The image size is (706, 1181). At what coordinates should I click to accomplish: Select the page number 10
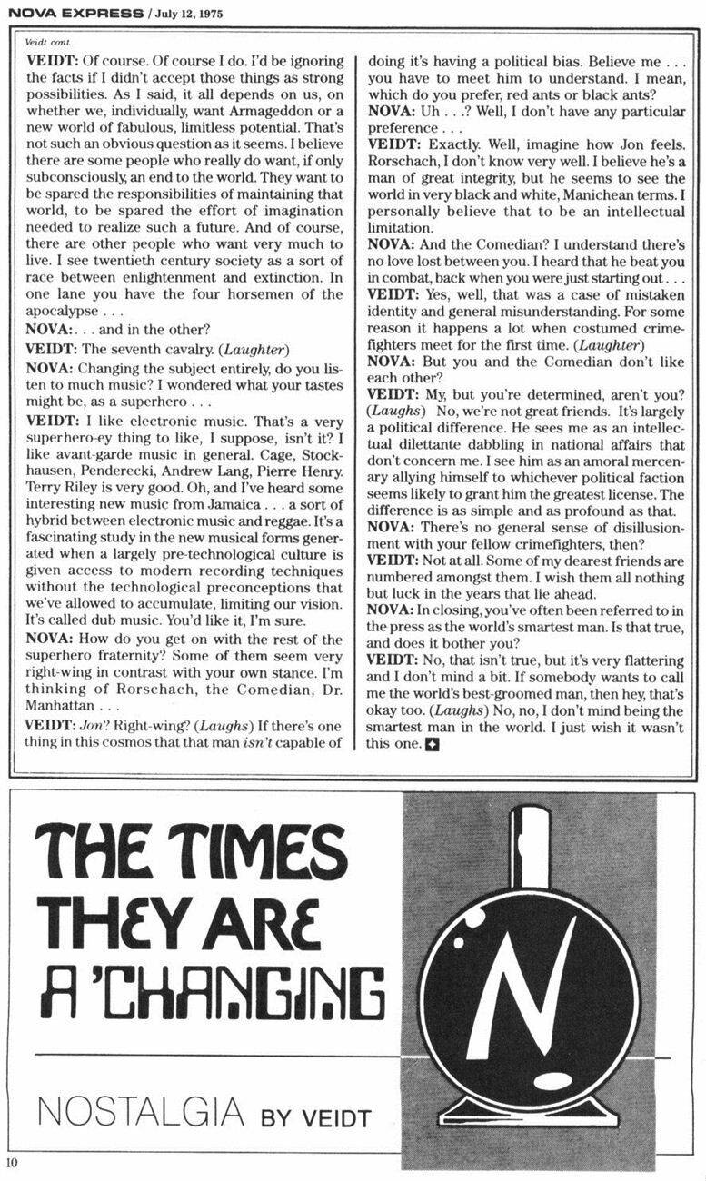[x=11, y=1163]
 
